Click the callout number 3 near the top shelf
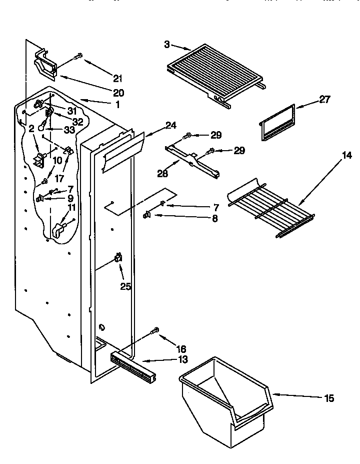[166, 45]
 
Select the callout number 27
[324, 99]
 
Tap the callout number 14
[346, 156]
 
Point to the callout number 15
[328, 398]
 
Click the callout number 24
[171, 126]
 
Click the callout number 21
[117, 78]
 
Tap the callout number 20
[118, 93]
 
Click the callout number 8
[214, 218]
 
